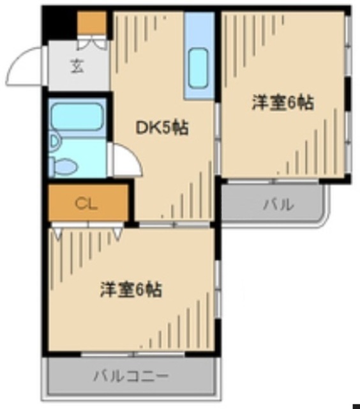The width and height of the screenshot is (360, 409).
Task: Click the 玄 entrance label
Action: point(77,66)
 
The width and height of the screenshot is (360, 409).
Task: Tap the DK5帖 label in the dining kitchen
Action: point(162,128)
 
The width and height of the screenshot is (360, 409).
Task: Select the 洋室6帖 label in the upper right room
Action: point(283,103)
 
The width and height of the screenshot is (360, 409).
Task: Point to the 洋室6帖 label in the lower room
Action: point(130,289)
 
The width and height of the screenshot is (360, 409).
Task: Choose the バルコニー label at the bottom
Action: point(130,375)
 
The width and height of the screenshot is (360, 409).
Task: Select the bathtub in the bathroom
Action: point(77,116)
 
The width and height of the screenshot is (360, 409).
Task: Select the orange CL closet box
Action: point(88,204)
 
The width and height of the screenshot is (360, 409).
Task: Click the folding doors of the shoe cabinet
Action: point(93,44)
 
